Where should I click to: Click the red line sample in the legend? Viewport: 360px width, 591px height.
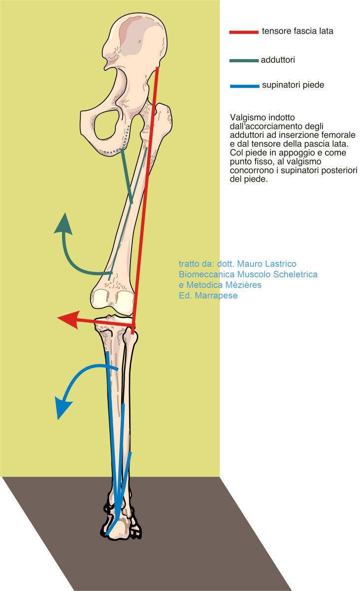tap(244, 32)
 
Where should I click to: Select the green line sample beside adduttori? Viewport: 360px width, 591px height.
tap(244, 61)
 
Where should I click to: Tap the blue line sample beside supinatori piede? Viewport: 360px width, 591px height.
tap(245, 86)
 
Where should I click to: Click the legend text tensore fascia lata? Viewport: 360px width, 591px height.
tap(297, 31)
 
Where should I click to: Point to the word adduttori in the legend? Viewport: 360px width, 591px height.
tap(278, 60)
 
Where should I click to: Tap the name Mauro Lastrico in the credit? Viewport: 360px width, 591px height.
tap(266, 263)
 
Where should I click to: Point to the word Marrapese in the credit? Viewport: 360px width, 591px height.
tap(216, 295)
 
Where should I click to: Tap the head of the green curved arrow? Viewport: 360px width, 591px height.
tap(64, 224)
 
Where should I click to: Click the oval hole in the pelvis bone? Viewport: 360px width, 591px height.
tap(105, 125)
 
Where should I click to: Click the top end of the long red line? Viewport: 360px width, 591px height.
tap(158, 67)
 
